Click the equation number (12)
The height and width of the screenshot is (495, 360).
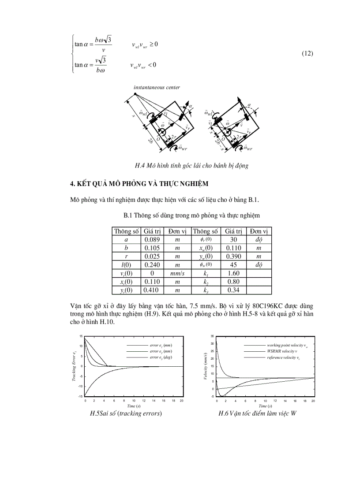pyautogui.click(x=307, y=54)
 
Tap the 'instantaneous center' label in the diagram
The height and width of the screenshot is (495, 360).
pyautogui.click(x=157, y=87)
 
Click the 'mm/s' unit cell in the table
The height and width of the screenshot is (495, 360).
pyautogui.click(x=176, y=273)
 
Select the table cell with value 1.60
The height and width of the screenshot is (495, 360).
pyautogui.click(x=233, y=273)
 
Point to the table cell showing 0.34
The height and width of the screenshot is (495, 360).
pyautogui.click(x=233, y=290)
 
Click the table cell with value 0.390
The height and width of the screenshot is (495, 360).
pyautogui.click(x=233, y=256)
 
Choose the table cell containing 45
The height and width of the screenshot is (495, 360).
pyautogui.click(x=233, y=264)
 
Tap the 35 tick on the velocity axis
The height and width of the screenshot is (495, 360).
pyautogui.click(x=213, y=336)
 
